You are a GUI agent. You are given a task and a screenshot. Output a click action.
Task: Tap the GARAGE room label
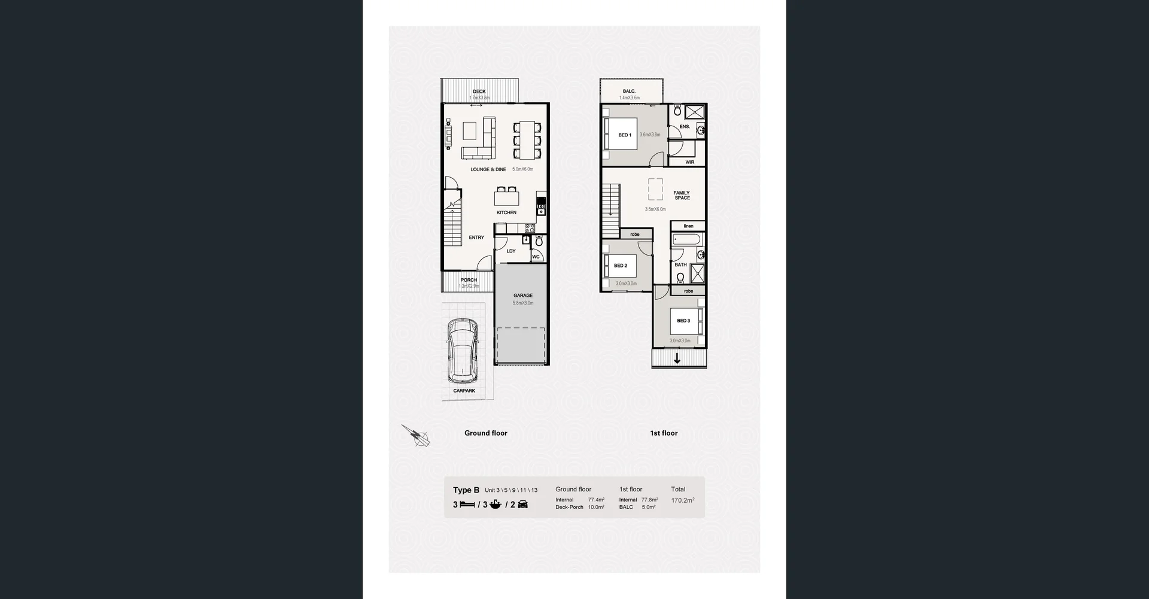522,296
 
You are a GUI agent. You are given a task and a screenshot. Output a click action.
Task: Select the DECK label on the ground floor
479,92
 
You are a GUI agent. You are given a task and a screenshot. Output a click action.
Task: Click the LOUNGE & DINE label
488,169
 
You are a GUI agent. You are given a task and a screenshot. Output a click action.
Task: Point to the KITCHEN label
506,212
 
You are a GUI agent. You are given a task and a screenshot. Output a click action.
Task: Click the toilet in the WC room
539,241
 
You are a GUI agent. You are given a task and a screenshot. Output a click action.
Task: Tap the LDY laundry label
510,251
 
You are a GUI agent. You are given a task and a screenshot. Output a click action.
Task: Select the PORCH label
469,280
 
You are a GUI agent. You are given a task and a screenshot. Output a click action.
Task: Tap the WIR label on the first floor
689,162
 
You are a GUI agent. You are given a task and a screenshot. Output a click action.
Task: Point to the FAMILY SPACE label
682,195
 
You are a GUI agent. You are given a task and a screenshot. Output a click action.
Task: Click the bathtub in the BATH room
686,240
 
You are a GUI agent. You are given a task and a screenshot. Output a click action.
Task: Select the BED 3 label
683,321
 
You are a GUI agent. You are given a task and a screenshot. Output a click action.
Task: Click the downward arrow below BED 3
677,359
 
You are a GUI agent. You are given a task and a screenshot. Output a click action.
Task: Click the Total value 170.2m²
682,500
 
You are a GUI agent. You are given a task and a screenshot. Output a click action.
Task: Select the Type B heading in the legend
466,490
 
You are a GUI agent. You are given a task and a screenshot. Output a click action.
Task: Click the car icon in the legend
522,504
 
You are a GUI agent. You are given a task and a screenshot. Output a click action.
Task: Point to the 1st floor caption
664,433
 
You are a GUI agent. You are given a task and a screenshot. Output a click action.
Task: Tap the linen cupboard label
688,226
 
